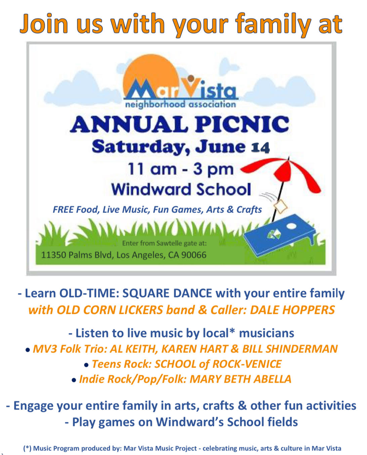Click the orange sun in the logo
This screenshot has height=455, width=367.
pos(151,75)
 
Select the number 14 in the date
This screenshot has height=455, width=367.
pos(260,148)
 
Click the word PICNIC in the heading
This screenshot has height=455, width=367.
pos(242,124)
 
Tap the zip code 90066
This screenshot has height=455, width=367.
pos(194,255)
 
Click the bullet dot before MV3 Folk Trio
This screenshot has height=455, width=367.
pos(28,350)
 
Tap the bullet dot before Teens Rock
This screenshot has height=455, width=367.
pos(86,365)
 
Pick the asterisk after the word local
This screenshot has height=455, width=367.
pos(232,331)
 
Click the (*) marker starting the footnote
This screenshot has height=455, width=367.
pos(27,448)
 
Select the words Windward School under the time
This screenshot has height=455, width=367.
pos(181,189)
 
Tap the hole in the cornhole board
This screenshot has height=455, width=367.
pos(291,226)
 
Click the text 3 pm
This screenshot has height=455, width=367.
pos(213,169)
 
